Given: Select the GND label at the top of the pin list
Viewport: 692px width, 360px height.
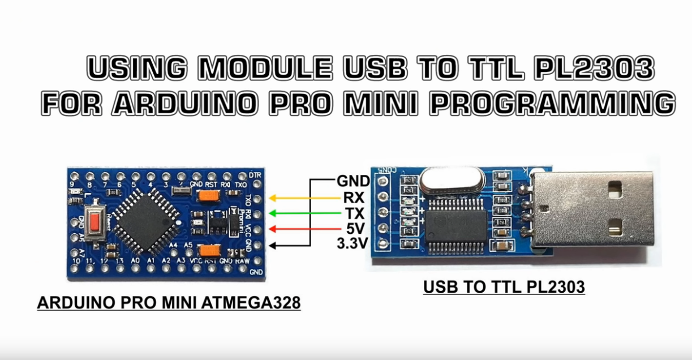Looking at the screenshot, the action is (x=353, y=181).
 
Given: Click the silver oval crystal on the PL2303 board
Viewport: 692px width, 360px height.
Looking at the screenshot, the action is (x=450, y=182).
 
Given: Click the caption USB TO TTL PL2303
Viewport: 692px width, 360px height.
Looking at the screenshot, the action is (x=504, y=288).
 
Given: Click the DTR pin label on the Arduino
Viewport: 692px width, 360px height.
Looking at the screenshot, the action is (x=255, y=175).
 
